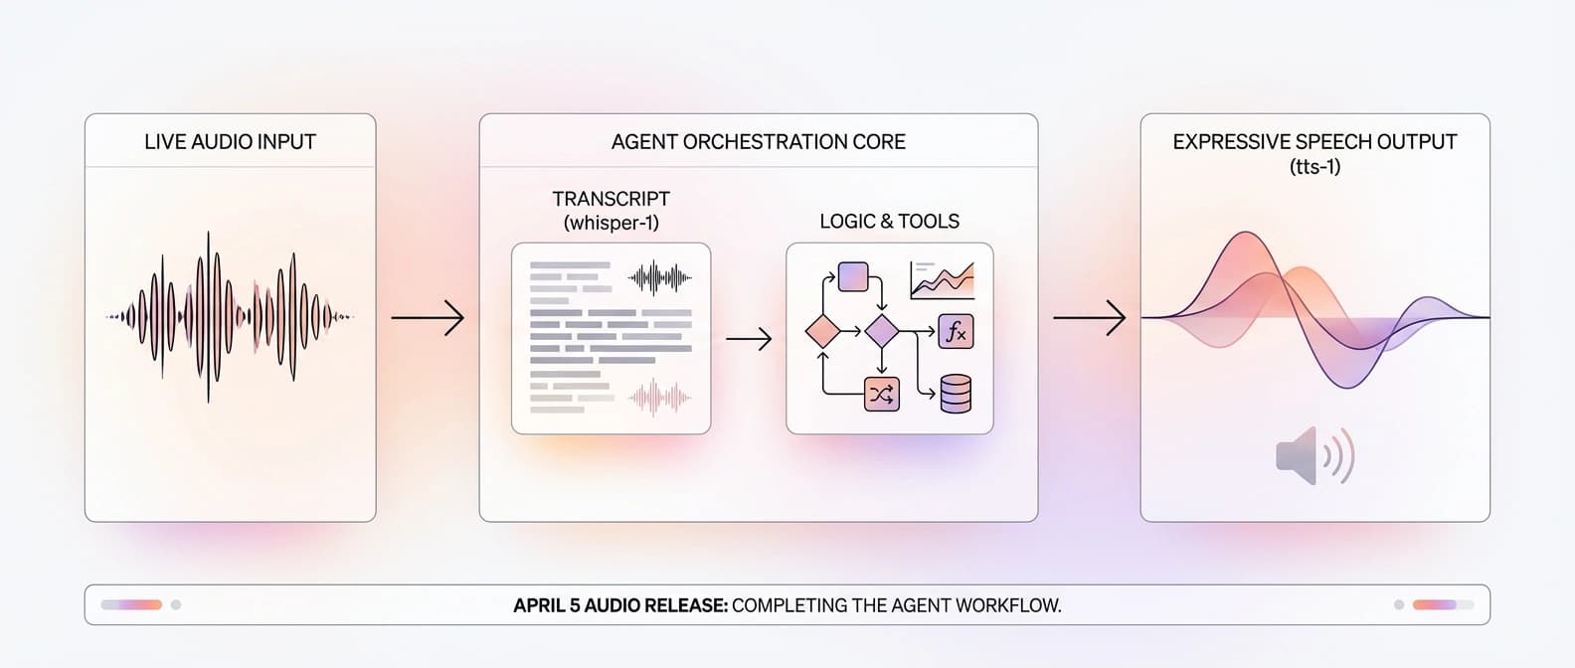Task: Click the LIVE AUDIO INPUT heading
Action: (230, 142)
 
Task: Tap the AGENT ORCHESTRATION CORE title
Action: (758, 142)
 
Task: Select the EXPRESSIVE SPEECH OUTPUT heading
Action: (1313, 142)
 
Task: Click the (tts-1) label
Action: (1314, 167)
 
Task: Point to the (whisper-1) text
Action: (611, 223)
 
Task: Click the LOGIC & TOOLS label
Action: (889, 222)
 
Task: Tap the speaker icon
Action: (1313, 456)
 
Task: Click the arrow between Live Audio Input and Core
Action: (428, 318)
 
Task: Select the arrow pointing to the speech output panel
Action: (1089, 318)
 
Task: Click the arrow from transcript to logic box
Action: (749, 339)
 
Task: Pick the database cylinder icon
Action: (956, 394)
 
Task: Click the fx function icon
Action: (956, 332)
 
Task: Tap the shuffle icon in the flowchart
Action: (881, 395)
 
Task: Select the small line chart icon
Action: (942, 280)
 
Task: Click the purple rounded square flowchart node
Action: (853, 276)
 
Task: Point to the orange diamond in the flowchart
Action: (822, 331)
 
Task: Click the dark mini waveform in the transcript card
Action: (659, 277)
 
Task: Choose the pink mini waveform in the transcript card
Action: (659, 399)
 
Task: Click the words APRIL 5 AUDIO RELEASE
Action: (620, 605)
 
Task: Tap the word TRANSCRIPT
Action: (611, 199)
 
